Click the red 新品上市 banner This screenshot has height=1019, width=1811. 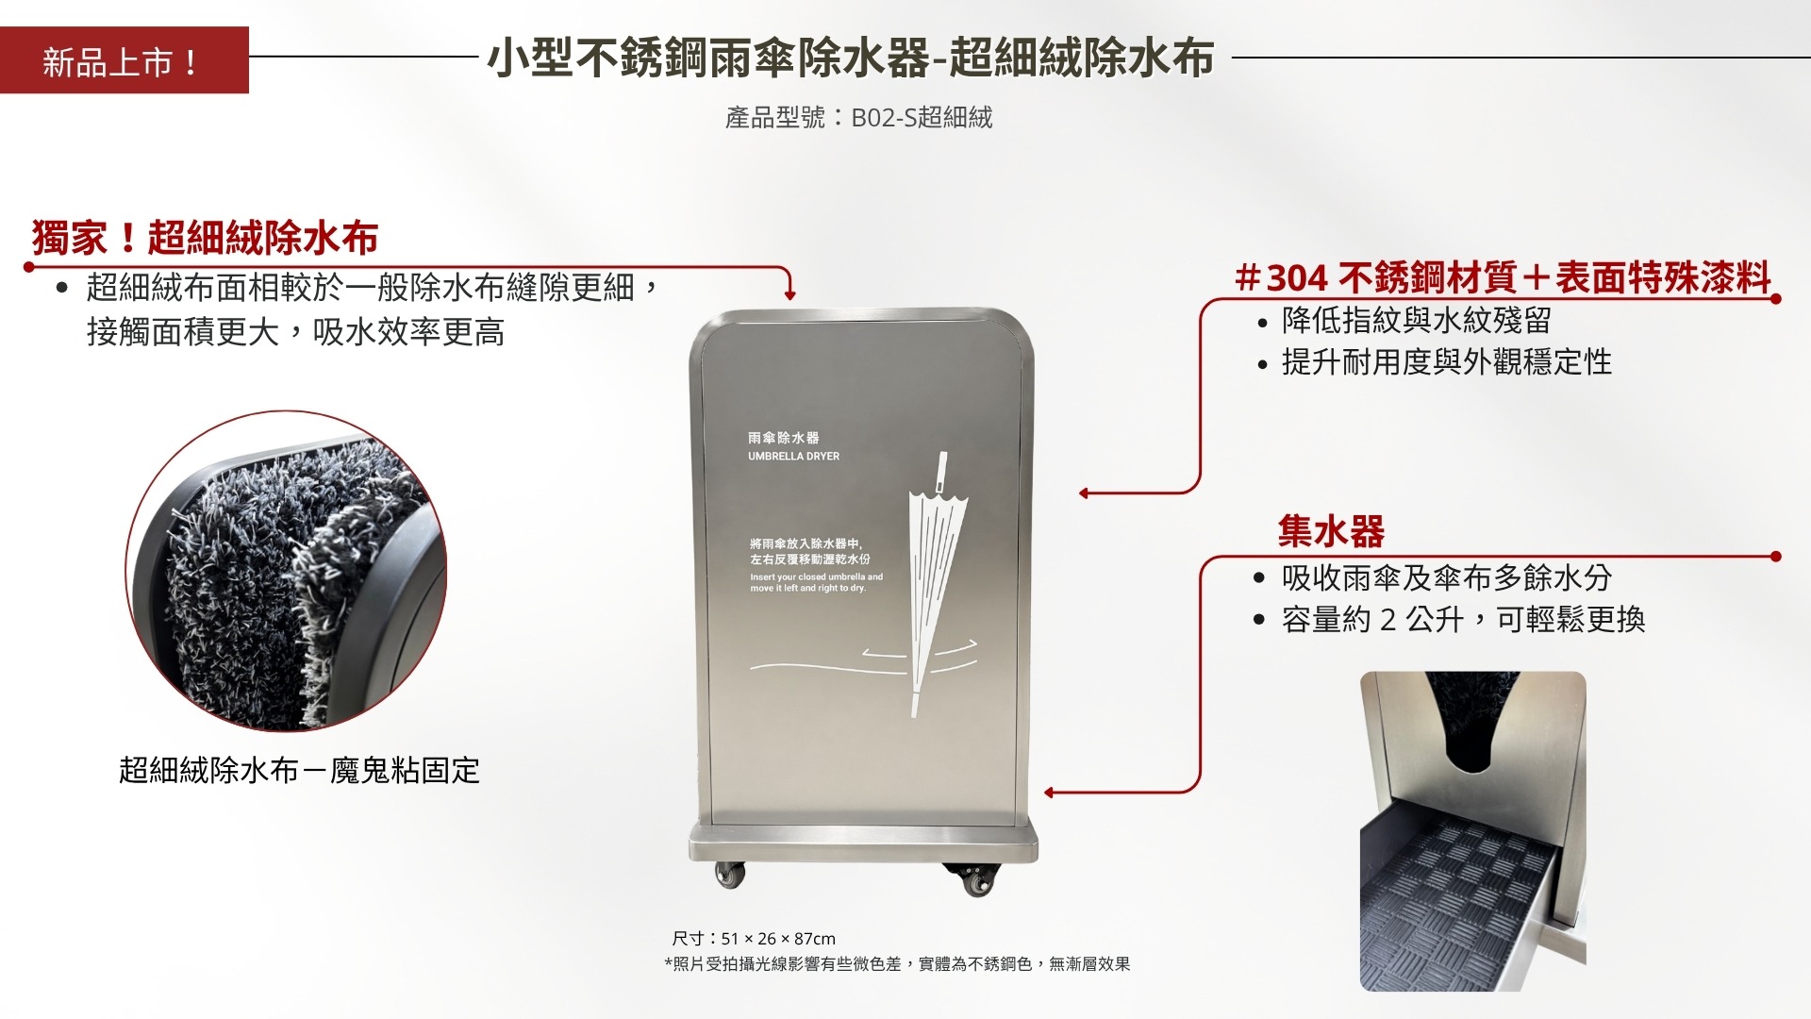124,60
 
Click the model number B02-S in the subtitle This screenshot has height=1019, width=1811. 883,118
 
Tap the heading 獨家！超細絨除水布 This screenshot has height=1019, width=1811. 205,238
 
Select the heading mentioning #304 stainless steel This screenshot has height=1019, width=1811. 1504,277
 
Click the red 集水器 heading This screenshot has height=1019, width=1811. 1331,532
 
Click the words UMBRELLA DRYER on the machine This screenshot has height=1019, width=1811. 793,457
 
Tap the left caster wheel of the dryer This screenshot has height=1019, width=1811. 731,876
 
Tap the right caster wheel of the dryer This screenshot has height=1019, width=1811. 975,880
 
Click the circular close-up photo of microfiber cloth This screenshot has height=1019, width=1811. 286,571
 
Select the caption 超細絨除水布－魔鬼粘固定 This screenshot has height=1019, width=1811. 299,771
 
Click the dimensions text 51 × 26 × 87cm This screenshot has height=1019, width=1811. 778,939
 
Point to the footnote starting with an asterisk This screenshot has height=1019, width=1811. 897,964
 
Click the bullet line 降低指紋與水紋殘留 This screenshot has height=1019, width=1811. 1416,321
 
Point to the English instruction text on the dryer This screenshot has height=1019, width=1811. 816,582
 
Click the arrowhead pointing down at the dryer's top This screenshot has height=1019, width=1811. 790,295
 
